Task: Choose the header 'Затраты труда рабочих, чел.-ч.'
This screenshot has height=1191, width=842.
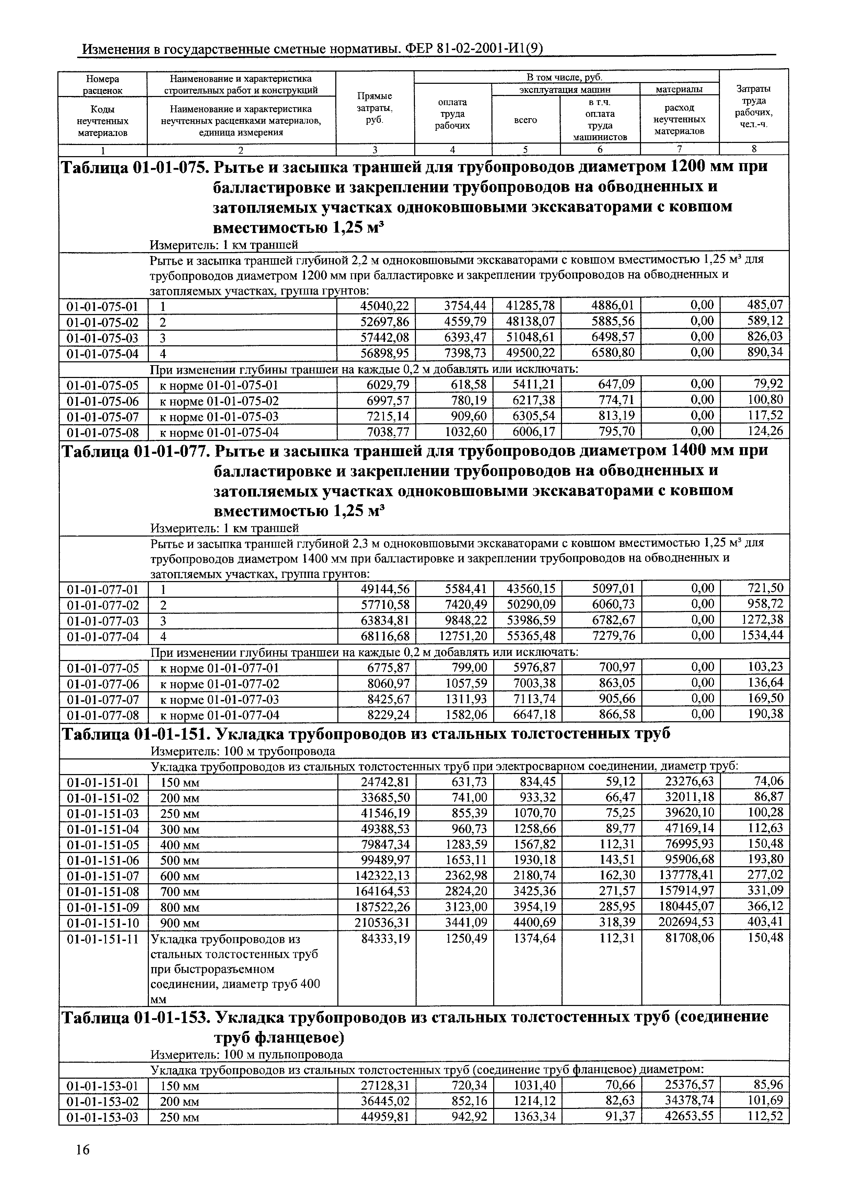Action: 754,107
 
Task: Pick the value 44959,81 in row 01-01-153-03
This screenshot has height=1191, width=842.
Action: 384,1116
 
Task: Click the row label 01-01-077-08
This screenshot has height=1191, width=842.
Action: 103,715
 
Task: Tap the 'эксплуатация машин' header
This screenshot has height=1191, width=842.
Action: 566,90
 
